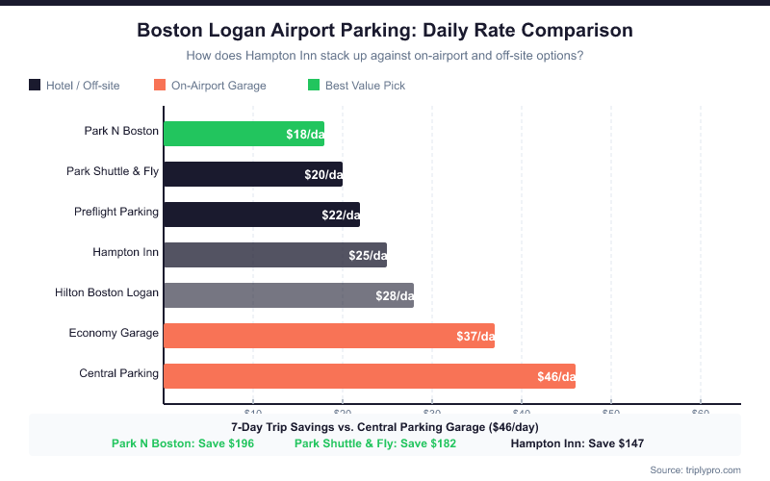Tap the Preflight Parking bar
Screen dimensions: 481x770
(x=261, y=215)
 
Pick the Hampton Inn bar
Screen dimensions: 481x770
(x=274, y=255)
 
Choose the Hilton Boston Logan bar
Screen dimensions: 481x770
(x=288, y=295)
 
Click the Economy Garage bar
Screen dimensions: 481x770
(x=328, y=336)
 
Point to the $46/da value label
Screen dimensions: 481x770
(x=555, y=376)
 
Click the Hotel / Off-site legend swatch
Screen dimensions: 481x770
(x=36, y=86)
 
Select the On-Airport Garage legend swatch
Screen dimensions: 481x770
(x=161, y=86)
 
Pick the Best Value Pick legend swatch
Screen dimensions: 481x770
(x=314, y=86)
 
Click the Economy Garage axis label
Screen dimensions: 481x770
(x=114, y=333)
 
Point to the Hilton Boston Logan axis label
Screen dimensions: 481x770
(x=107, y=292)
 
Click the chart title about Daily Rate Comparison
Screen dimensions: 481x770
(x=385, y=31)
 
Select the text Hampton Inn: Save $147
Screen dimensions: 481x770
(x=577, y=443)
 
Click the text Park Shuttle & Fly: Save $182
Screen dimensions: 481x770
(x=375, y=443)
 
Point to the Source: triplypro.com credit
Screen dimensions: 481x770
(x=696, y=469)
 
